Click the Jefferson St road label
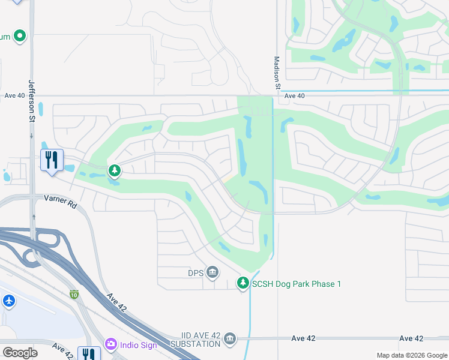coord(31,101)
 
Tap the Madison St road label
coord(277,73)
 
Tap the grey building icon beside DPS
coord(212,273)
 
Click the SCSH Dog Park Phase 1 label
coord(297,283)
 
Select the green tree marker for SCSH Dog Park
coord(243,282)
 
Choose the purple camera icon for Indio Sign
coord(110,344)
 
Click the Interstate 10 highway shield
coord(74,294)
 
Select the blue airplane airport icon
coord(8,301)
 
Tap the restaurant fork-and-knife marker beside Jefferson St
coord(52,160)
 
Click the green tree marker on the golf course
coord(114,172)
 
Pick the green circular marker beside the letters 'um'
coord(20,37)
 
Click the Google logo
coord(20,352)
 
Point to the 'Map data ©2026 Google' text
coord(411,356)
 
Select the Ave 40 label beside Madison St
coord(295,96)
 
